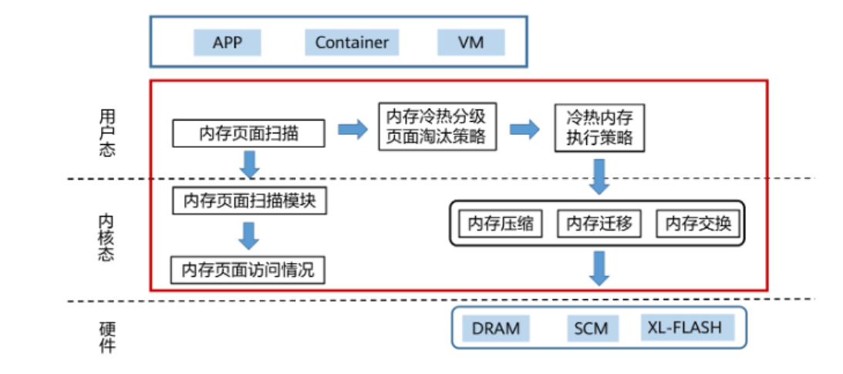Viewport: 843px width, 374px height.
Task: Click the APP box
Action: [x=228, y=42]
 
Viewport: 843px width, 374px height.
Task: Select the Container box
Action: [x=352, y=42]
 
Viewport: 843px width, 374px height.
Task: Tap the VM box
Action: [x=470, y=42]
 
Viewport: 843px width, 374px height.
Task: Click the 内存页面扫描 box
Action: [x=248, y=133]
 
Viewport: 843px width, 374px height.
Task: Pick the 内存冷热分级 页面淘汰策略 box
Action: [x=436, y=127]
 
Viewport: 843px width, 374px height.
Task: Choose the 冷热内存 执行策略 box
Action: [x=599, y=128]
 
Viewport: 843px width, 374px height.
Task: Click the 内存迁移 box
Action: [x=599, y=224]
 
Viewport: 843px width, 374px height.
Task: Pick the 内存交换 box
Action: [x=698, y=224]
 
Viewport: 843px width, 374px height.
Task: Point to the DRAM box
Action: [x=496, y=329]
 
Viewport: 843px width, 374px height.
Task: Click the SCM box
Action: [x=591, y=329]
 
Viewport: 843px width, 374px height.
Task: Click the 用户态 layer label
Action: [x=107, y=133]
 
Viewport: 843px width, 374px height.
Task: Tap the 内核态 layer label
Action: [x=107, y=236]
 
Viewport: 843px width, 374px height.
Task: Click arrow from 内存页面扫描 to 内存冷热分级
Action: [x=353, y=129]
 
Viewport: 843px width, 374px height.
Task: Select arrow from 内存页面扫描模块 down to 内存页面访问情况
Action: [x=248, y=235]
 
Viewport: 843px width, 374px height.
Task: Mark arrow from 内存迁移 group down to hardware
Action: [x=599, y=268]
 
